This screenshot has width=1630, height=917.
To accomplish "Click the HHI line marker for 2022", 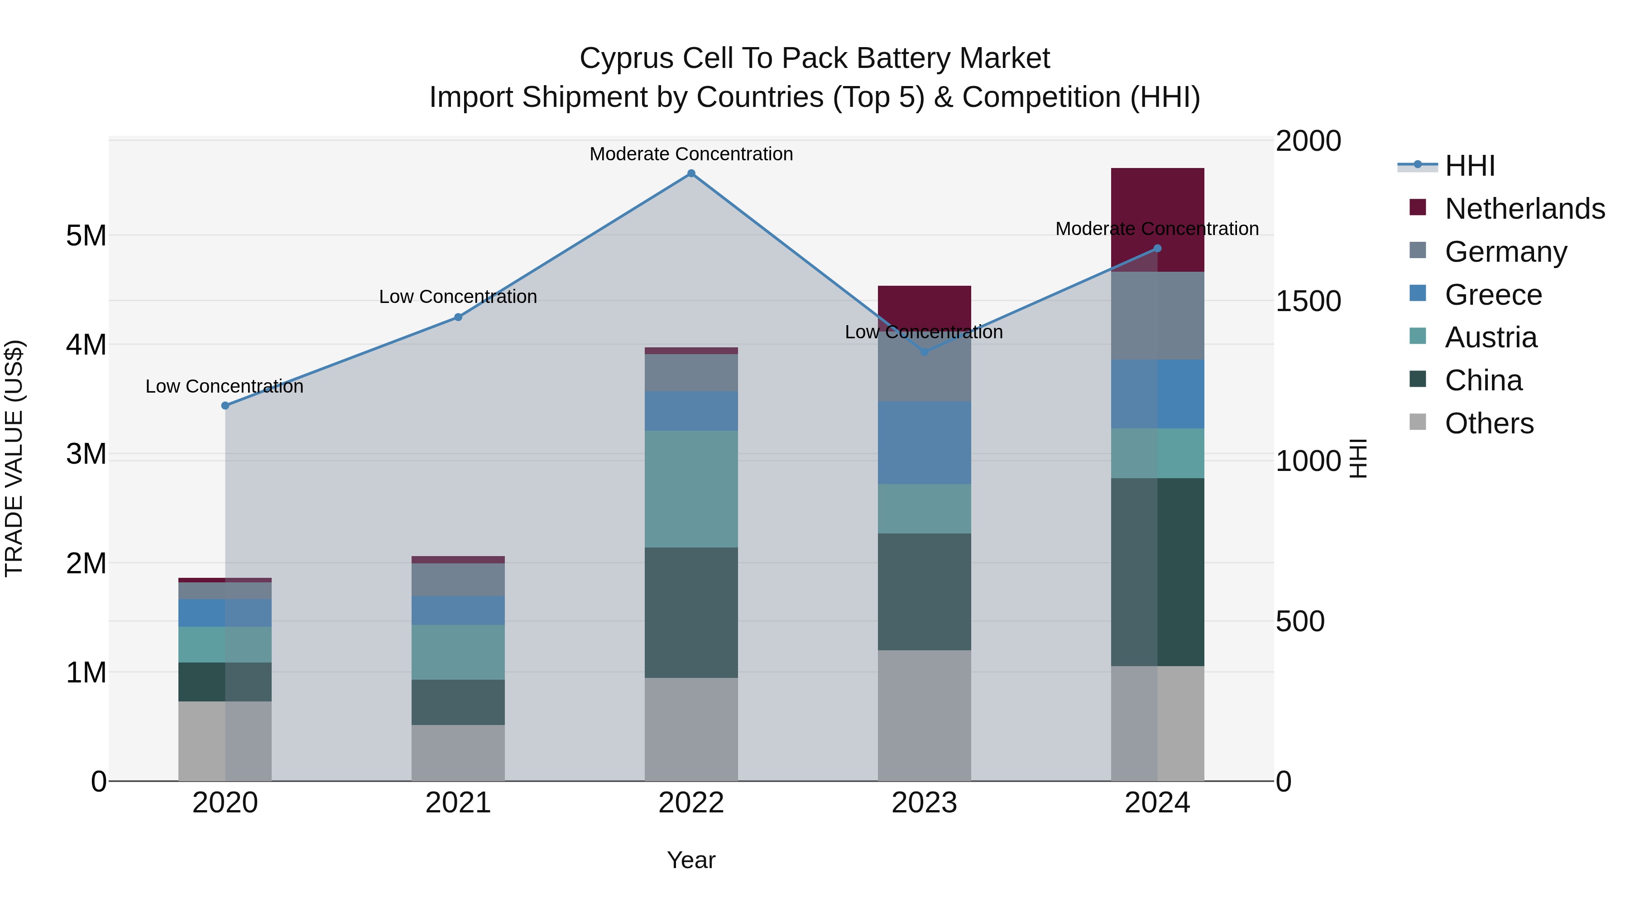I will [x=691, y=173].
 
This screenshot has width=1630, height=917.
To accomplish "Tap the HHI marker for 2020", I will [x=225, y=406].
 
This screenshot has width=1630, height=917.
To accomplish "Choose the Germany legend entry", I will [x=1505, y=252].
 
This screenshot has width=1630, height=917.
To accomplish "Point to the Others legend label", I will [x=1489, y=423].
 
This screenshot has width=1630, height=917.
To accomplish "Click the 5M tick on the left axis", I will [x=86, y=235].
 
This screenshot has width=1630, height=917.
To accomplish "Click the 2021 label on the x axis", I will [x=458, y=803].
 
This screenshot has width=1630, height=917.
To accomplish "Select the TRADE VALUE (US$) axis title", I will [x=14, y=458].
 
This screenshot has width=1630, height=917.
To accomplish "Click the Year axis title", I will [x=691, y=860].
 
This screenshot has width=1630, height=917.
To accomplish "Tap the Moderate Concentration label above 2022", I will [x=691, y=154].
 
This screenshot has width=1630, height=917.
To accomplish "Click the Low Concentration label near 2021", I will [x=458, y=296].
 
